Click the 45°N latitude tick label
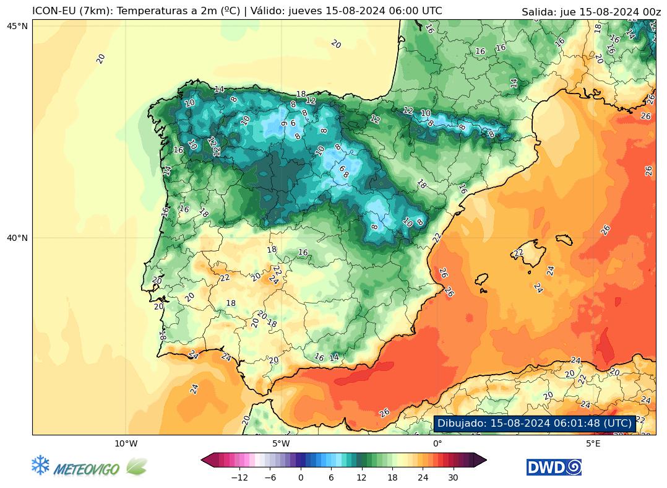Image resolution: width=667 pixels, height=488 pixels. tap(17, 25)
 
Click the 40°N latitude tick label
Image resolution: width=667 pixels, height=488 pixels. tap(17, 238)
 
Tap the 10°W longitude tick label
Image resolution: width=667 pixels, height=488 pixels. tap(126, 443)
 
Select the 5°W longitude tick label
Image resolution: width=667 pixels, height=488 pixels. tap(281, 443)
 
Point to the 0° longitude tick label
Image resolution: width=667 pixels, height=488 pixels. tap(437, 443)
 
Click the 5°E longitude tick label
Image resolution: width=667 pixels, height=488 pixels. tap(593, 443)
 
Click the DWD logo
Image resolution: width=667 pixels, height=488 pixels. tap(554, 467)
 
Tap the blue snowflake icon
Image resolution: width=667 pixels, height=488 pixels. tap(40, 466)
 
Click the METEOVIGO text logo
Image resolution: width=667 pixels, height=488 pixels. tap(87, 469)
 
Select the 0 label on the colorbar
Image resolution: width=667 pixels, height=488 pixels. tap(301, 477)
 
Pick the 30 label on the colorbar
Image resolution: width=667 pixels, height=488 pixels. tap(453, 477)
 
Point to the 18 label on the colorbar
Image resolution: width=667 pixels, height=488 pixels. tap(392, 477)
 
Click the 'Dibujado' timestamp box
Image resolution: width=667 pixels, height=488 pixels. tap(535, 424)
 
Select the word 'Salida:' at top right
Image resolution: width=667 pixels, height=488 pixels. tap(538, 12)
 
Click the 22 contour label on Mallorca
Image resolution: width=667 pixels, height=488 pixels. tap(519, 253)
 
